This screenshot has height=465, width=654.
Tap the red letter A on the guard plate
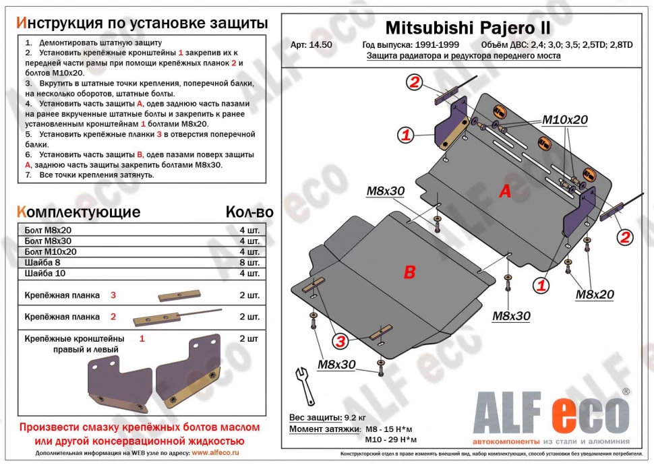pyautogui.click(x=504, y=192)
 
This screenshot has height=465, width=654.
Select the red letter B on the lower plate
pyautogui.click(x=409, y=272)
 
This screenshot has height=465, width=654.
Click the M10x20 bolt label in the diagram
pyautogui.click(x=565, y=121)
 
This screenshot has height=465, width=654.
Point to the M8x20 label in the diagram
pyautogui.click(x=595, y=294)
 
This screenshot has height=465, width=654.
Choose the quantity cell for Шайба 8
pyautogui.click(x=249, y=262)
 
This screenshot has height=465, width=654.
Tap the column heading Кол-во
pyautogui.click(x=249, y=212)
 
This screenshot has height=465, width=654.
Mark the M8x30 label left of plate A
pyautogui.click(x=385, y=191)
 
